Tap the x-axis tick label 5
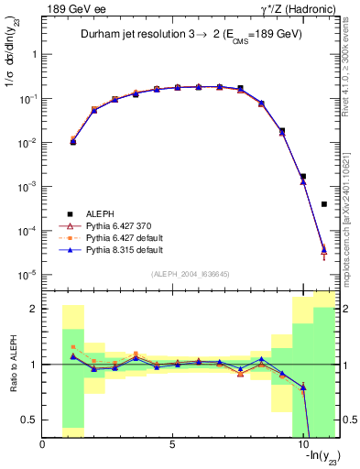coord(173,445)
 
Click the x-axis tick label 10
coord(303,445)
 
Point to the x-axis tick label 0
coord(43,445)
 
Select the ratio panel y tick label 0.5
coord(29,420)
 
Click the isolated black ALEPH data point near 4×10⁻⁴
coord(324,204)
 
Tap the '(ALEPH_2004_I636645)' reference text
coord(191,275)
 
